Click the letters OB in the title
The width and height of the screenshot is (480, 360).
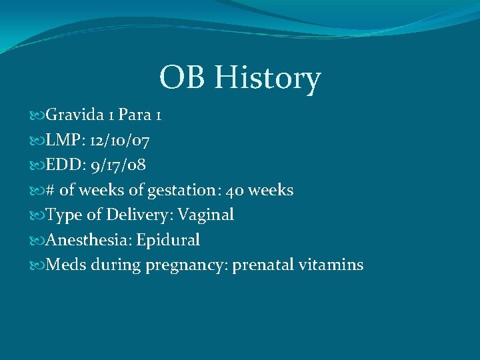183,77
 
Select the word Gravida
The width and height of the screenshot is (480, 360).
74,115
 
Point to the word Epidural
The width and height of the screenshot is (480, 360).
168,240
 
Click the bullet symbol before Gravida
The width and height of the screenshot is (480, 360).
37,116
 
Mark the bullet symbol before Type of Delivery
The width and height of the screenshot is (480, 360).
37,215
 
